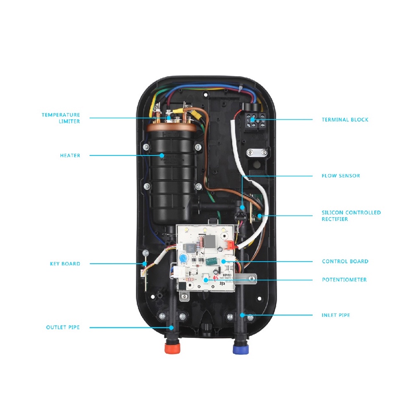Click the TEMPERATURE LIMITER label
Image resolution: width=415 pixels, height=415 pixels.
61,118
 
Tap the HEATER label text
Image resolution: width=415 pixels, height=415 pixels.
70,156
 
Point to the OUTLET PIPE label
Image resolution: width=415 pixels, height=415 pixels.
63,327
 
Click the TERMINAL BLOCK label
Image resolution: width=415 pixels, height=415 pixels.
345,120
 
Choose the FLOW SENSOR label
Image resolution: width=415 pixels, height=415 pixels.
341,176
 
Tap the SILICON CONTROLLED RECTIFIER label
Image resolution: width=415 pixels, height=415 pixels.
351,215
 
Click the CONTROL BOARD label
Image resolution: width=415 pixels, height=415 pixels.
345,261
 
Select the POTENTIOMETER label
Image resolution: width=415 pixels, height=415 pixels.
344,280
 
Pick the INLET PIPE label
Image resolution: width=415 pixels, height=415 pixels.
336,315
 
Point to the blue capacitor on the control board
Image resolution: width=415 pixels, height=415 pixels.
183,259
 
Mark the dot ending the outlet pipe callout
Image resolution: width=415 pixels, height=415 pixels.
171,327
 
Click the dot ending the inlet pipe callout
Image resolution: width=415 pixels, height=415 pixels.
242,315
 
